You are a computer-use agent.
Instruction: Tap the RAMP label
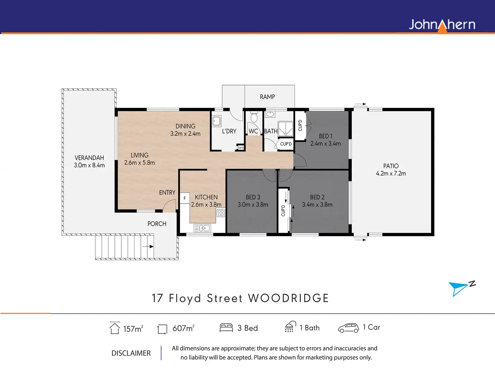coord(267,97)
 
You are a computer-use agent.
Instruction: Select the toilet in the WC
coord(254,117)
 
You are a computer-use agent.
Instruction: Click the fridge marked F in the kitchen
coord(185,198)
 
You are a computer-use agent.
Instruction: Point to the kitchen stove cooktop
coord(221,213)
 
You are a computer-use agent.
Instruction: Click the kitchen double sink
coord(202,228)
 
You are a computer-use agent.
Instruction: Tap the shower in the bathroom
coord(285,129)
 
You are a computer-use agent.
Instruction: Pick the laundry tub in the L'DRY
coord(217,121)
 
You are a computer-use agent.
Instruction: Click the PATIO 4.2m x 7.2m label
coord(391,170)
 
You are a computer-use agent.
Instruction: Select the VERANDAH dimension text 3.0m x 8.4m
coord(89,165)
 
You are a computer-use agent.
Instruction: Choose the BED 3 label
coord(253,197)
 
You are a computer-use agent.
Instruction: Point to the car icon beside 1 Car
coord(348,328)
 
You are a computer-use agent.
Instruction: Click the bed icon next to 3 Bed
coord(226,328)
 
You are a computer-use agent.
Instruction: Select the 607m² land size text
coord(183,328)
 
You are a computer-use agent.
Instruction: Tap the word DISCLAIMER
coord(131,353)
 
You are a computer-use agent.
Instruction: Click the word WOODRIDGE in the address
coord(289,298)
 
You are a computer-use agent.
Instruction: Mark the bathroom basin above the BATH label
coord(270,114)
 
